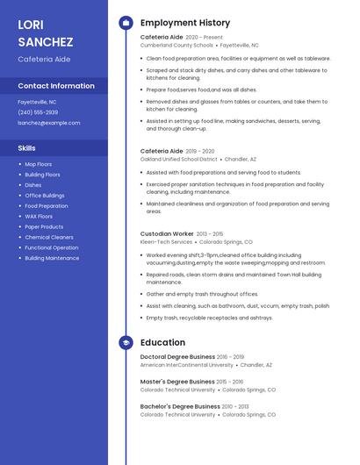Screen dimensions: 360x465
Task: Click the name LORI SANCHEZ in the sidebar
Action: click(45, 32)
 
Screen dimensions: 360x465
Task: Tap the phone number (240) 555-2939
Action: click(38, 112)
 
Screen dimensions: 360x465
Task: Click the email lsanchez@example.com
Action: click(48, 123)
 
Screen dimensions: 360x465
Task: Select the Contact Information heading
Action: click(56, 86)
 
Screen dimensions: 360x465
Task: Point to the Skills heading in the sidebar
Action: click(26, 148)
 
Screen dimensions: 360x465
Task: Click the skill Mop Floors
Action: click(38, 164)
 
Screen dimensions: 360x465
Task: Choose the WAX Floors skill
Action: click(39, 216)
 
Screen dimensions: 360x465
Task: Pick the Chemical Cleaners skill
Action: click(49, 237)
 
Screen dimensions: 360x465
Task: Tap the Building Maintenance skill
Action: click(52, 258)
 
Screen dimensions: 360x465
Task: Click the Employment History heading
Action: click(185, 23)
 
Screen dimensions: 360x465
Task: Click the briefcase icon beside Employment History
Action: click(126, 23)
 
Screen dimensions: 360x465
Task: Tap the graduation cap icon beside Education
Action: click(126, 342)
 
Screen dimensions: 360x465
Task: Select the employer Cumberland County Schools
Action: click(176, 44)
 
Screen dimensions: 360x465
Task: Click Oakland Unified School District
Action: click(178, 159)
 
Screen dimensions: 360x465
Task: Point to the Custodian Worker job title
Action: click(167, 233)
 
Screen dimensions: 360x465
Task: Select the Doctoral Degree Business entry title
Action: click(177, 357)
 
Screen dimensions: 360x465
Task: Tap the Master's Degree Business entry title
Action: click(177, 382)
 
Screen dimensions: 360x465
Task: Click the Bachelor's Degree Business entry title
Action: click(180, 406)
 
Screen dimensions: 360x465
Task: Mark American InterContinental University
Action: click(185, 364)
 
